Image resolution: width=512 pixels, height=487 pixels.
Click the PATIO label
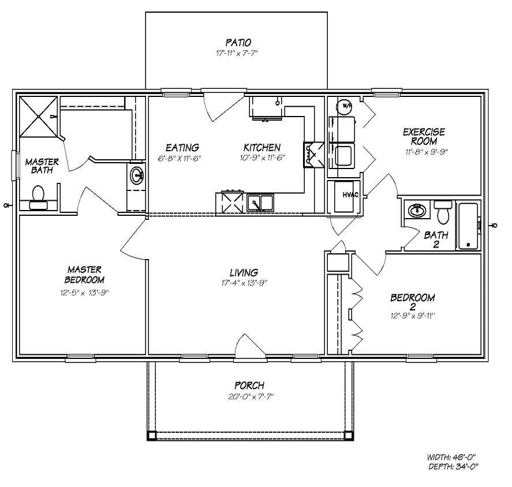pos(238,42)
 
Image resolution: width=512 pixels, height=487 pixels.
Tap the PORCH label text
pos(249,385)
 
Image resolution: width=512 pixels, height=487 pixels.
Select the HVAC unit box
pos(345,197)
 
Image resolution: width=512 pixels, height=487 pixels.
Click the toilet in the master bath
pos(39,196)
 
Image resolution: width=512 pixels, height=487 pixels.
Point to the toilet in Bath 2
pos(443,212)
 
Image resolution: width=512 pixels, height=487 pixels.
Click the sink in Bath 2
pos(417,210)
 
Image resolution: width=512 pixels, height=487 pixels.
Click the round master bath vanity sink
pos(137,175)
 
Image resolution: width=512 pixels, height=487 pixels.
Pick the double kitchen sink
pos(261,203)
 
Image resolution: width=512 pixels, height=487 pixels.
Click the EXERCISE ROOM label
pos(420,136)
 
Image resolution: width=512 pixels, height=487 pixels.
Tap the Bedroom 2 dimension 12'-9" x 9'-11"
pos(412,316)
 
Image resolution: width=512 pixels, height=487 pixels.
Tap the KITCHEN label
pos(261,148)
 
